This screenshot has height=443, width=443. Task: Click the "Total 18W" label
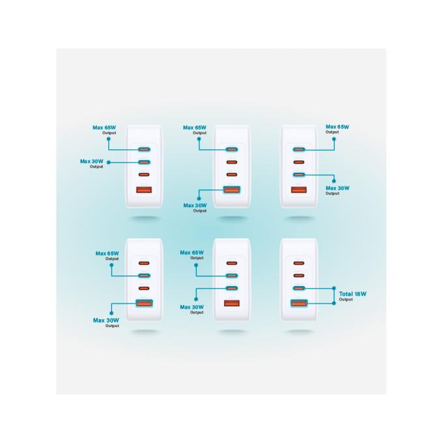[352, 294]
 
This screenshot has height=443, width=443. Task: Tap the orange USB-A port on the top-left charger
[144, 190]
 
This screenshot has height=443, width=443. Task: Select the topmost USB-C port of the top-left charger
[144, 149]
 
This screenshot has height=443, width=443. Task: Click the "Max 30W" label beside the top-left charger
[92, 162]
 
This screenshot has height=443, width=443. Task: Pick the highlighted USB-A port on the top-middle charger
[232, 190]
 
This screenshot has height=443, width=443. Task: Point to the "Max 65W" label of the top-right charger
[337, 127]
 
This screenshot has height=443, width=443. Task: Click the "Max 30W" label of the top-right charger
[337, 188]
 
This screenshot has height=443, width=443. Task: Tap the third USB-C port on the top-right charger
[299, 175]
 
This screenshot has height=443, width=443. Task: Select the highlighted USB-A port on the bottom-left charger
[144, 303]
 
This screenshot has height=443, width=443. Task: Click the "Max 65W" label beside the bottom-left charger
[107, 253]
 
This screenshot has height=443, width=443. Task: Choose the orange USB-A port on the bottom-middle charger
[232, 303]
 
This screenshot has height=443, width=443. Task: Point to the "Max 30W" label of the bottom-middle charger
[192, 307]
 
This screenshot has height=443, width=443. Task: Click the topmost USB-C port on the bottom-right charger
[299, 263]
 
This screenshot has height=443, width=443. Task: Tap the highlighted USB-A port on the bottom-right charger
[299, 303]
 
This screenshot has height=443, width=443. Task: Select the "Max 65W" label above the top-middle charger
[195, 128]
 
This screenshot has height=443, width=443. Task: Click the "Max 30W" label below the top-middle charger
[195, 205]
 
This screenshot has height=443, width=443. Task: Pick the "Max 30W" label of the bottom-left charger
[106, 321]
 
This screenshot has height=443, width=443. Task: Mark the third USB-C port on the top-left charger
[144, 175]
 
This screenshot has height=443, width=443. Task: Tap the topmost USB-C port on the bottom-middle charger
[232, 263]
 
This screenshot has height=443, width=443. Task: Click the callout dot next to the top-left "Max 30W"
[109, 162]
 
